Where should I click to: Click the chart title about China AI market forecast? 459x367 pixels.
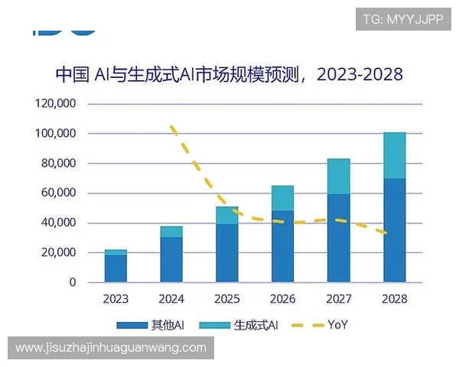pyautogui.click(x=229, y=74)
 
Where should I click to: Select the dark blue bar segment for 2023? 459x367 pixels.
pyautogui.click(x=116, y=268)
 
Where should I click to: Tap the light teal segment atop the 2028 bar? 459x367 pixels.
pyautogui.click(x=394, y=155)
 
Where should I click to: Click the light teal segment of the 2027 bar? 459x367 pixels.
pyautogui.click(x=338, y=177)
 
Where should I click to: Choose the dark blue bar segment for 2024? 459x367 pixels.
pyautogui.click(x=171, y=260)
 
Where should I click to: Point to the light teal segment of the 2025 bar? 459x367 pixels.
pyautogui.click(x=227, y=216)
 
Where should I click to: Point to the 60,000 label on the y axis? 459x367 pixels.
pyautogui.click(x=57, y=193)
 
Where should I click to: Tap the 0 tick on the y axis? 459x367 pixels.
pyautogui.click(x=73, y=283)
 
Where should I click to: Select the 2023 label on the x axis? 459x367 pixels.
pyautogui.click(x=116, y=299)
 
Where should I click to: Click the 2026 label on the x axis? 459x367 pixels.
pyautogui.click(x=282, y=299)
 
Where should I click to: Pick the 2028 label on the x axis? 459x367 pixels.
pyautogui.click(x=394, y=299)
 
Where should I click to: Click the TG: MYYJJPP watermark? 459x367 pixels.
pyautogui.click(x=402, y=19)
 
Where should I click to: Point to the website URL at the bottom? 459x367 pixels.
pyautogui.click(x=110, y=348)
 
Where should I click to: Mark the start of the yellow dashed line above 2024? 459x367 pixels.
pyautogui.click(x=172, y=127)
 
